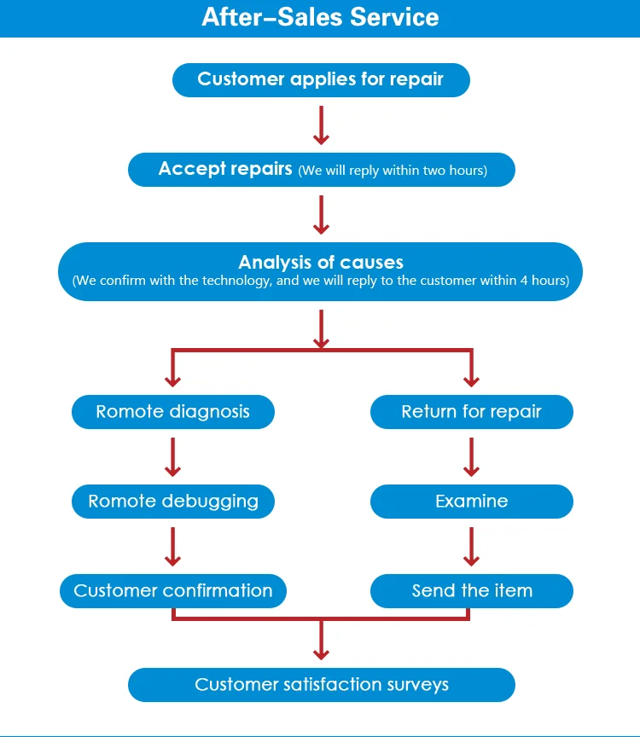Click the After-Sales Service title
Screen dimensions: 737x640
(x=320, y=17)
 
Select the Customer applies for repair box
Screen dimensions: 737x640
(x=320, y=79)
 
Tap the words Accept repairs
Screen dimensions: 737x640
(x=225, y=169)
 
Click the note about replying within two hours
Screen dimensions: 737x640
(x=393, y=171)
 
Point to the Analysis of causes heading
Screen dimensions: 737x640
(x=320, y=262)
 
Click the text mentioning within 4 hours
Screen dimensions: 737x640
(x=320, y=281)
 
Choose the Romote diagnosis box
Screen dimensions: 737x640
(x=172, y=412)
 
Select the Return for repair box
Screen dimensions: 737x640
(x=471, y=412)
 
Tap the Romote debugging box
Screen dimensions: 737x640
(x=172, y=502)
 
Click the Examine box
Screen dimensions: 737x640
(x=471, y=502)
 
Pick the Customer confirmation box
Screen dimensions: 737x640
(x=172, y=590)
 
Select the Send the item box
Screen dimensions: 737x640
(x=471, y=590)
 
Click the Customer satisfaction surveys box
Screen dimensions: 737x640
(x=321, y=684)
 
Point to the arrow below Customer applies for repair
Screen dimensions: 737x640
(x=321, y=125)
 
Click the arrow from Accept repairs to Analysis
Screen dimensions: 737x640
(x=321, y=214)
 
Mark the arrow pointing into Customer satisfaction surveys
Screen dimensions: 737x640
(x=321, y=640)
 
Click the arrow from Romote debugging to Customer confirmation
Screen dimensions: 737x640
(x=172, y=546)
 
